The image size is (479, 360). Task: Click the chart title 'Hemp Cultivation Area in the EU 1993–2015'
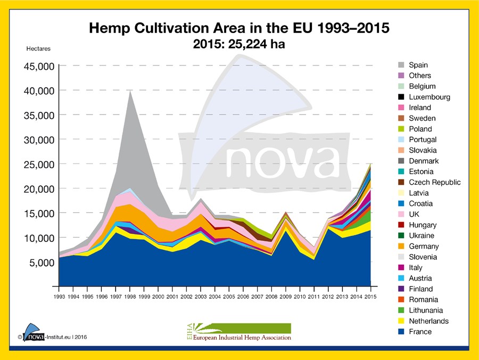(239, 28)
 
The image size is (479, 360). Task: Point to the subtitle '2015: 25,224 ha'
(239, 44)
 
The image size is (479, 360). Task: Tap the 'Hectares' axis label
(38, 49)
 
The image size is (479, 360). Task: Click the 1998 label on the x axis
(129, 296)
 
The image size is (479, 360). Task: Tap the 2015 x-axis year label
(371, 296)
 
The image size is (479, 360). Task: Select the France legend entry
(420, 332)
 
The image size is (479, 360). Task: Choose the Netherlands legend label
(428, 321)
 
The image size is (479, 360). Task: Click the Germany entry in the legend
(424, 246)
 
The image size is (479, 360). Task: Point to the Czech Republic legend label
(434, 182)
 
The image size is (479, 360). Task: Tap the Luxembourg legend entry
(429, 97)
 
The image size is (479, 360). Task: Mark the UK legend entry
(414, 214)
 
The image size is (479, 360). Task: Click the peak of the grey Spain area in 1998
(130, 91)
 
